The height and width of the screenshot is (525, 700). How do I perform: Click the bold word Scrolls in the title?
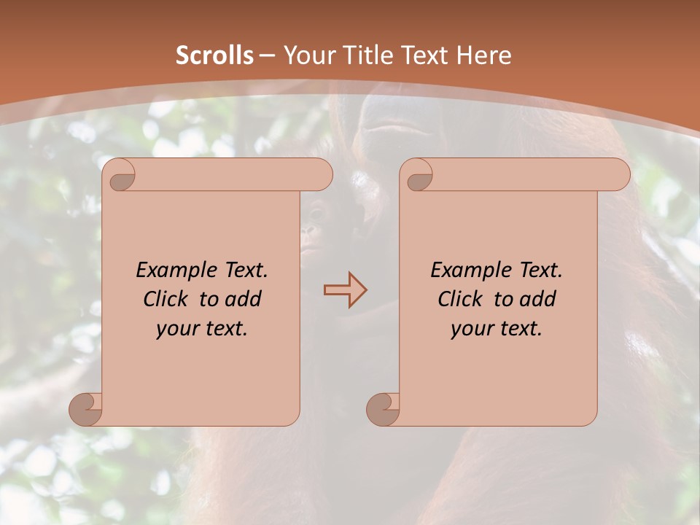[x=214, y=55]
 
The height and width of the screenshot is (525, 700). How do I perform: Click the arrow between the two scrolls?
[x=345, y=290]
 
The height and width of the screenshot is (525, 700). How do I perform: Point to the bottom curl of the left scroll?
[x=87, y=408]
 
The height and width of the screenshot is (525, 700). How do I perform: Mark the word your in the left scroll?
[x=177, y=329]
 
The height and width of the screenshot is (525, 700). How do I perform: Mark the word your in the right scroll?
[x=472, y=329]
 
